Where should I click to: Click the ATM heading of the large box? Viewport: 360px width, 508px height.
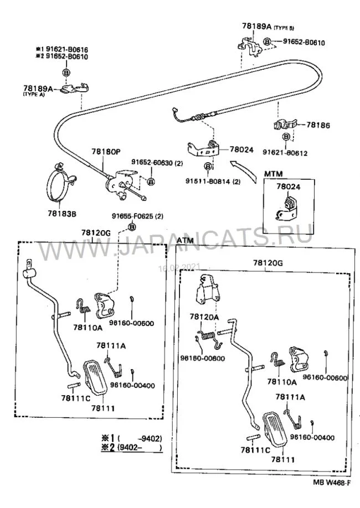(187, 240)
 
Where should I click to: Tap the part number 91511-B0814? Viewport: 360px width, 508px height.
(213, 181)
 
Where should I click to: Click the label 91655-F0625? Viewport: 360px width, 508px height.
(130, 216)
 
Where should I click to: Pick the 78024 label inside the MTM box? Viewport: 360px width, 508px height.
(288, 187)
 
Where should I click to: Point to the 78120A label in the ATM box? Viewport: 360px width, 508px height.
(204, 317)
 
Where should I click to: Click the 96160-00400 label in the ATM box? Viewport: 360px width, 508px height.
(311, 437)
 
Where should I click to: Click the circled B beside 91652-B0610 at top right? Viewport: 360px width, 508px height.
(268, 42)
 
